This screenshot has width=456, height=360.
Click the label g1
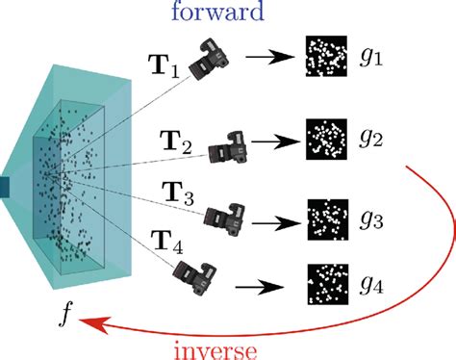coord(373,58)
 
